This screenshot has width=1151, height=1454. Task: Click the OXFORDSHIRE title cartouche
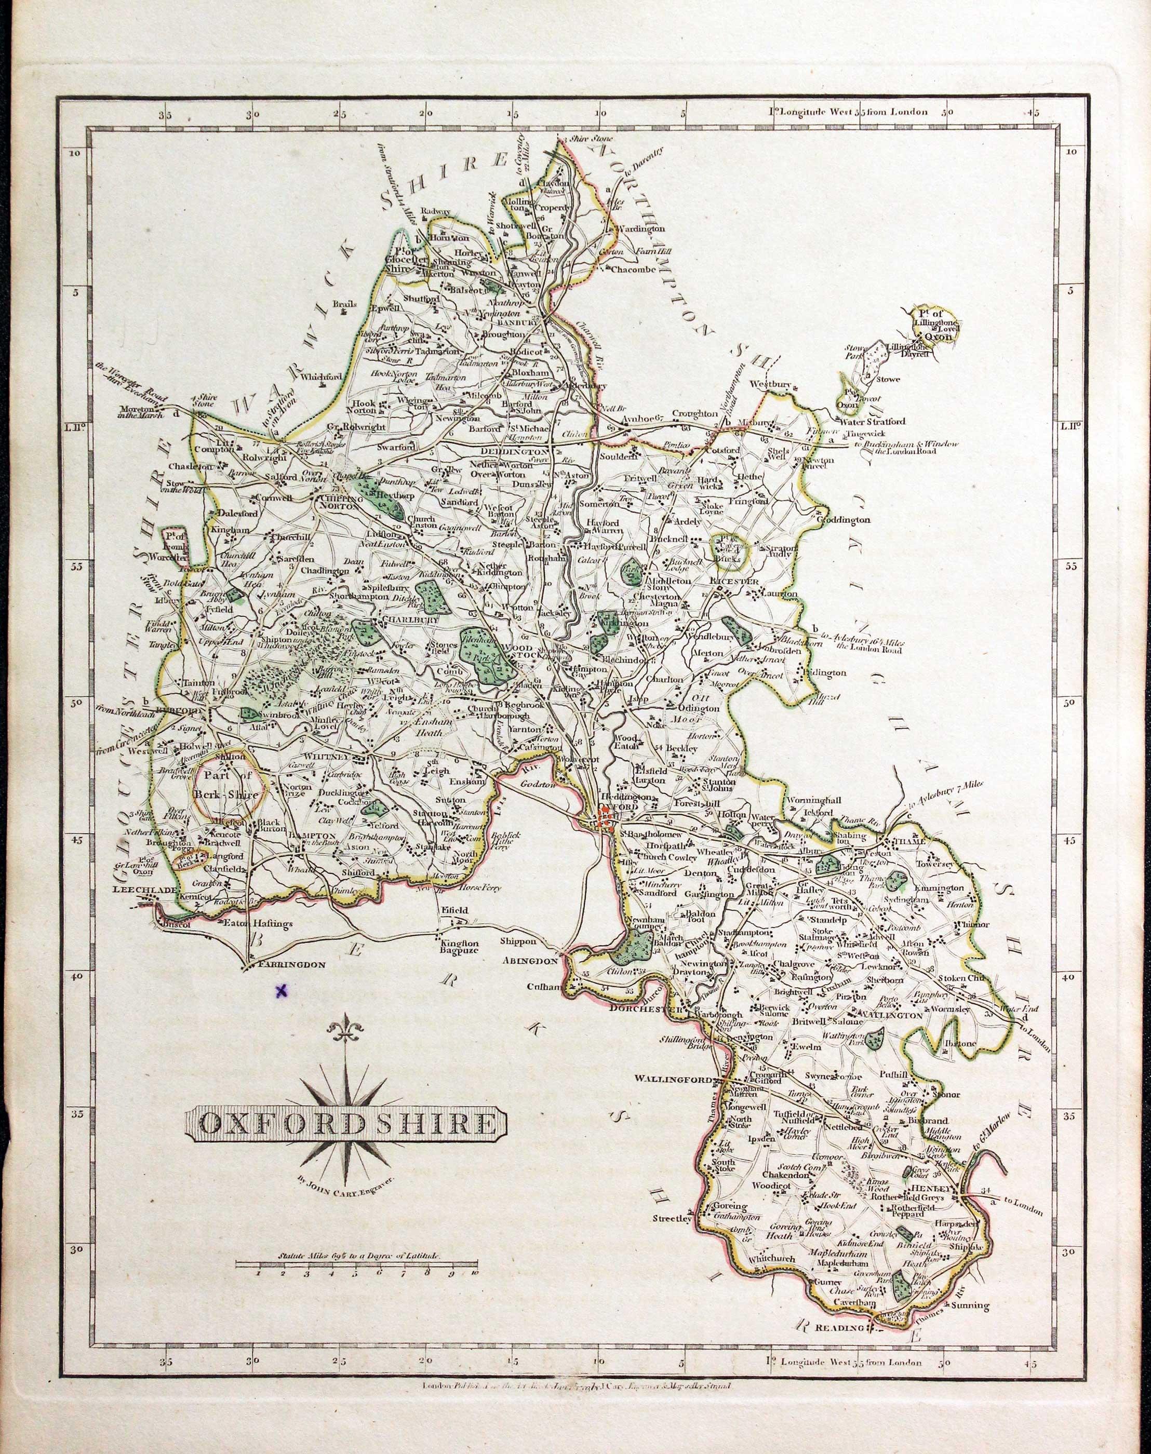[346, 1123]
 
